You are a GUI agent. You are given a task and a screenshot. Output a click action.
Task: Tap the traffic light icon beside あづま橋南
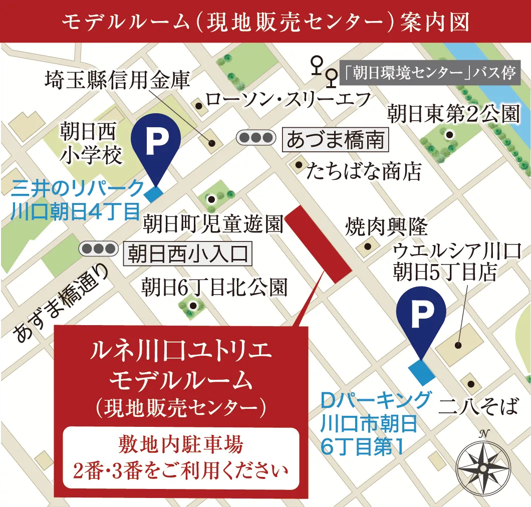coord(256,137)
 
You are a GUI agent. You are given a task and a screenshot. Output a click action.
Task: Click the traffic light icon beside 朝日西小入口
coord(99,248)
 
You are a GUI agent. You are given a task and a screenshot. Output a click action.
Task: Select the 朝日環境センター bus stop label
coord(430,74)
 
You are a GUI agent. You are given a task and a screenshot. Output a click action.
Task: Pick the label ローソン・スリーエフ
coord(289,99)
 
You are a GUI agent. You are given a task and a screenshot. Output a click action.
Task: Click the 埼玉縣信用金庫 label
coord(118,79)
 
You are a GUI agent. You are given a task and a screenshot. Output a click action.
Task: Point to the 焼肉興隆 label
coord(386,228)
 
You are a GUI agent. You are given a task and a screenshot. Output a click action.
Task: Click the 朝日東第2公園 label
coord(453,115)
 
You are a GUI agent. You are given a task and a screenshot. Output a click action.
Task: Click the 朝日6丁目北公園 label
coord(214,287)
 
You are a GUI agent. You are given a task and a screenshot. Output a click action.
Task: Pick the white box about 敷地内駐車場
coord(180,457)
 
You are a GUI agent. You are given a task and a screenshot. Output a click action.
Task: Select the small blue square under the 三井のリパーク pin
coord(153,192)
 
